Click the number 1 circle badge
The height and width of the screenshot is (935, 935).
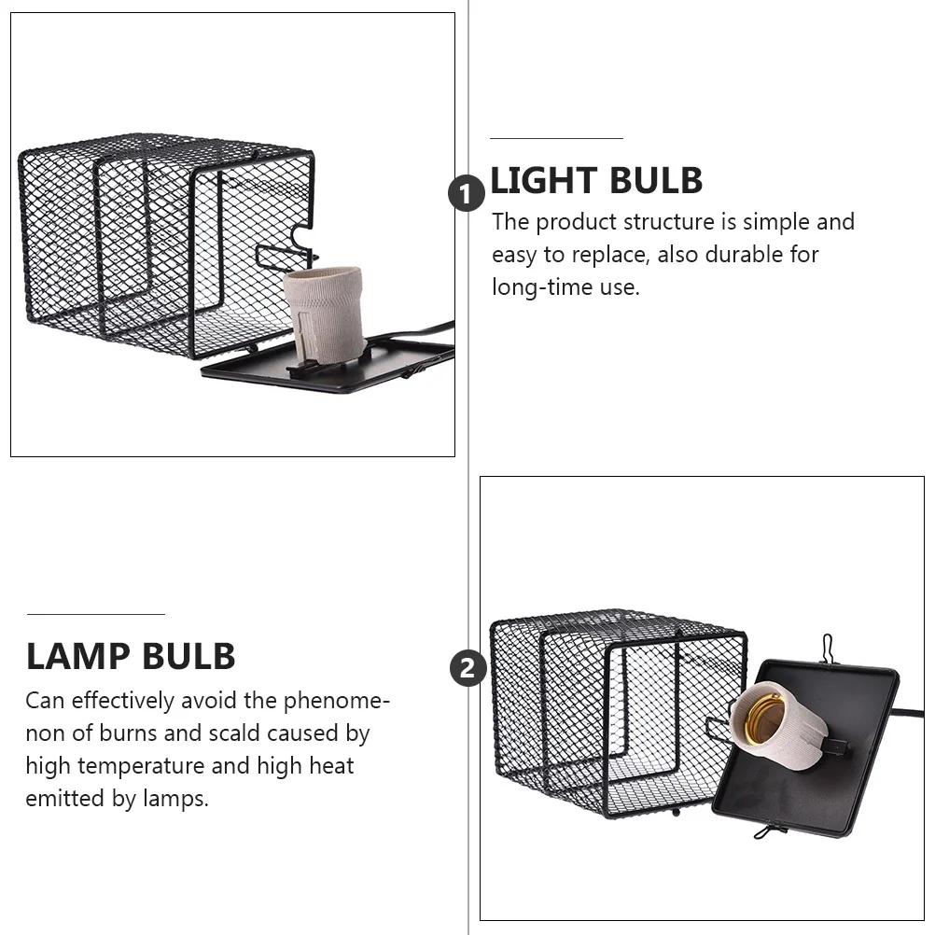(x=467, y=194)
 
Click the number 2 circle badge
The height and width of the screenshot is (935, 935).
(x=467, y=668)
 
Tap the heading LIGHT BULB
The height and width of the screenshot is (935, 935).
(x=596, y=181)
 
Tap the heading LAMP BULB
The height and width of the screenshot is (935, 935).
(x=131, y=657)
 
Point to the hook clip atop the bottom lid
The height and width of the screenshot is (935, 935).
(x=827, y=647)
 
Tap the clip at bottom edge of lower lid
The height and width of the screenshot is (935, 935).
(x=771, y=830)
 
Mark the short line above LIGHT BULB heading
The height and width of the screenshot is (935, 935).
(x=556, y=138)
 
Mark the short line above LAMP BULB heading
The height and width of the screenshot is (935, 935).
(x=95, y=614)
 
